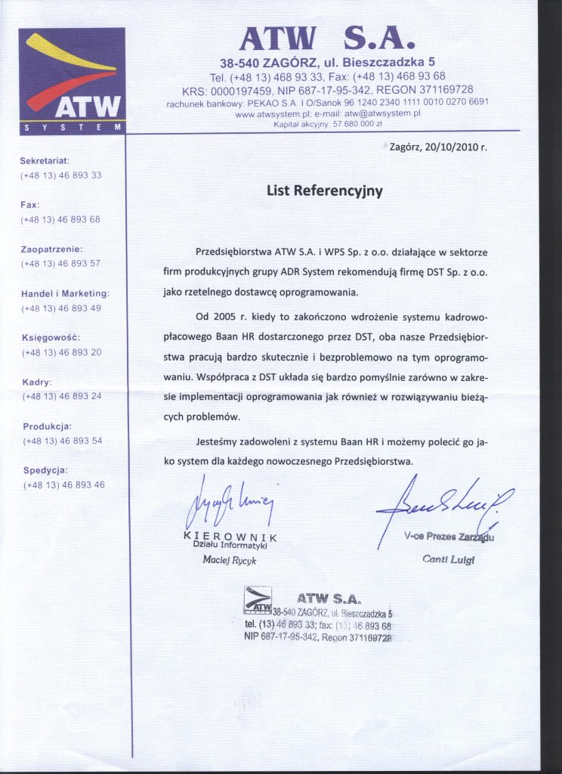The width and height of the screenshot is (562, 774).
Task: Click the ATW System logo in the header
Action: click(71, 80)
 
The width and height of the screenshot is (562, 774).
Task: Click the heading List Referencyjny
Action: click(324, 191)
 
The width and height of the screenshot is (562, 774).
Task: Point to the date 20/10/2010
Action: click(439, 148)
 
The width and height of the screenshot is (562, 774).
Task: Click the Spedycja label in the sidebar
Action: click(46, 470)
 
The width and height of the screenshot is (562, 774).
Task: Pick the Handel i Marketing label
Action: click(65, 293)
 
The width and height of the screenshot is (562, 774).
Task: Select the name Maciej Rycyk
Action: click(231, 561)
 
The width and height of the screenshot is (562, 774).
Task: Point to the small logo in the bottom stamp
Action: click(257, 602)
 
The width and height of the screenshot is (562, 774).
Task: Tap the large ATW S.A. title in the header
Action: click(326, 39)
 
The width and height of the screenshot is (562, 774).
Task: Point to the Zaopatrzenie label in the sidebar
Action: click(51, 249)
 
